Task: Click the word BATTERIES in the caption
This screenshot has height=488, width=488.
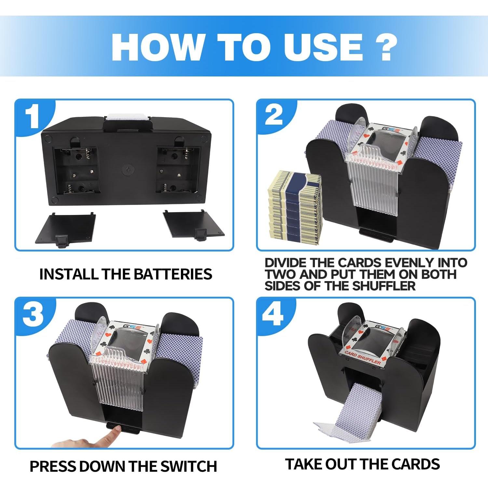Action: [x=173, y=274]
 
